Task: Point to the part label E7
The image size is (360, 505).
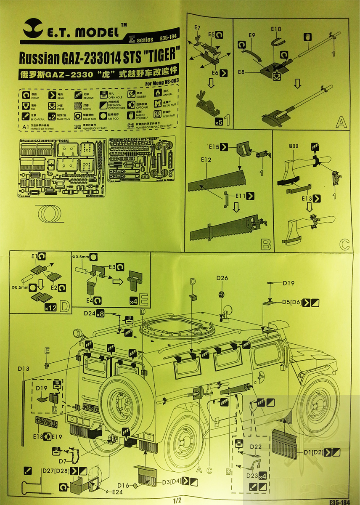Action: pos(197,28)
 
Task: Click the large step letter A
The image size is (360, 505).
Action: pos(341,122)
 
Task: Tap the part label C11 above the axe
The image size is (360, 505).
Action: pos(294,146)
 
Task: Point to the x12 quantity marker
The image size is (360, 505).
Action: pos(50,308)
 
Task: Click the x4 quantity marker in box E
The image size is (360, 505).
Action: pos(133,302)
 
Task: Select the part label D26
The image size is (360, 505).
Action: pos(222,278)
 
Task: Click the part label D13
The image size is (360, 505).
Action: pos(24,369)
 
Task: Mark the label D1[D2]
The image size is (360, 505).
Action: pos(312,453)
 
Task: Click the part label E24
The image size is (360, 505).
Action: pos(118,491)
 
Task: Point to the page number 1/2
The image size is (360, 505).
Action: pos(177,500)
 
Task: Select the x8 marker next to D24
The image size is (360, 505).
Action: pos(100,314)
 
